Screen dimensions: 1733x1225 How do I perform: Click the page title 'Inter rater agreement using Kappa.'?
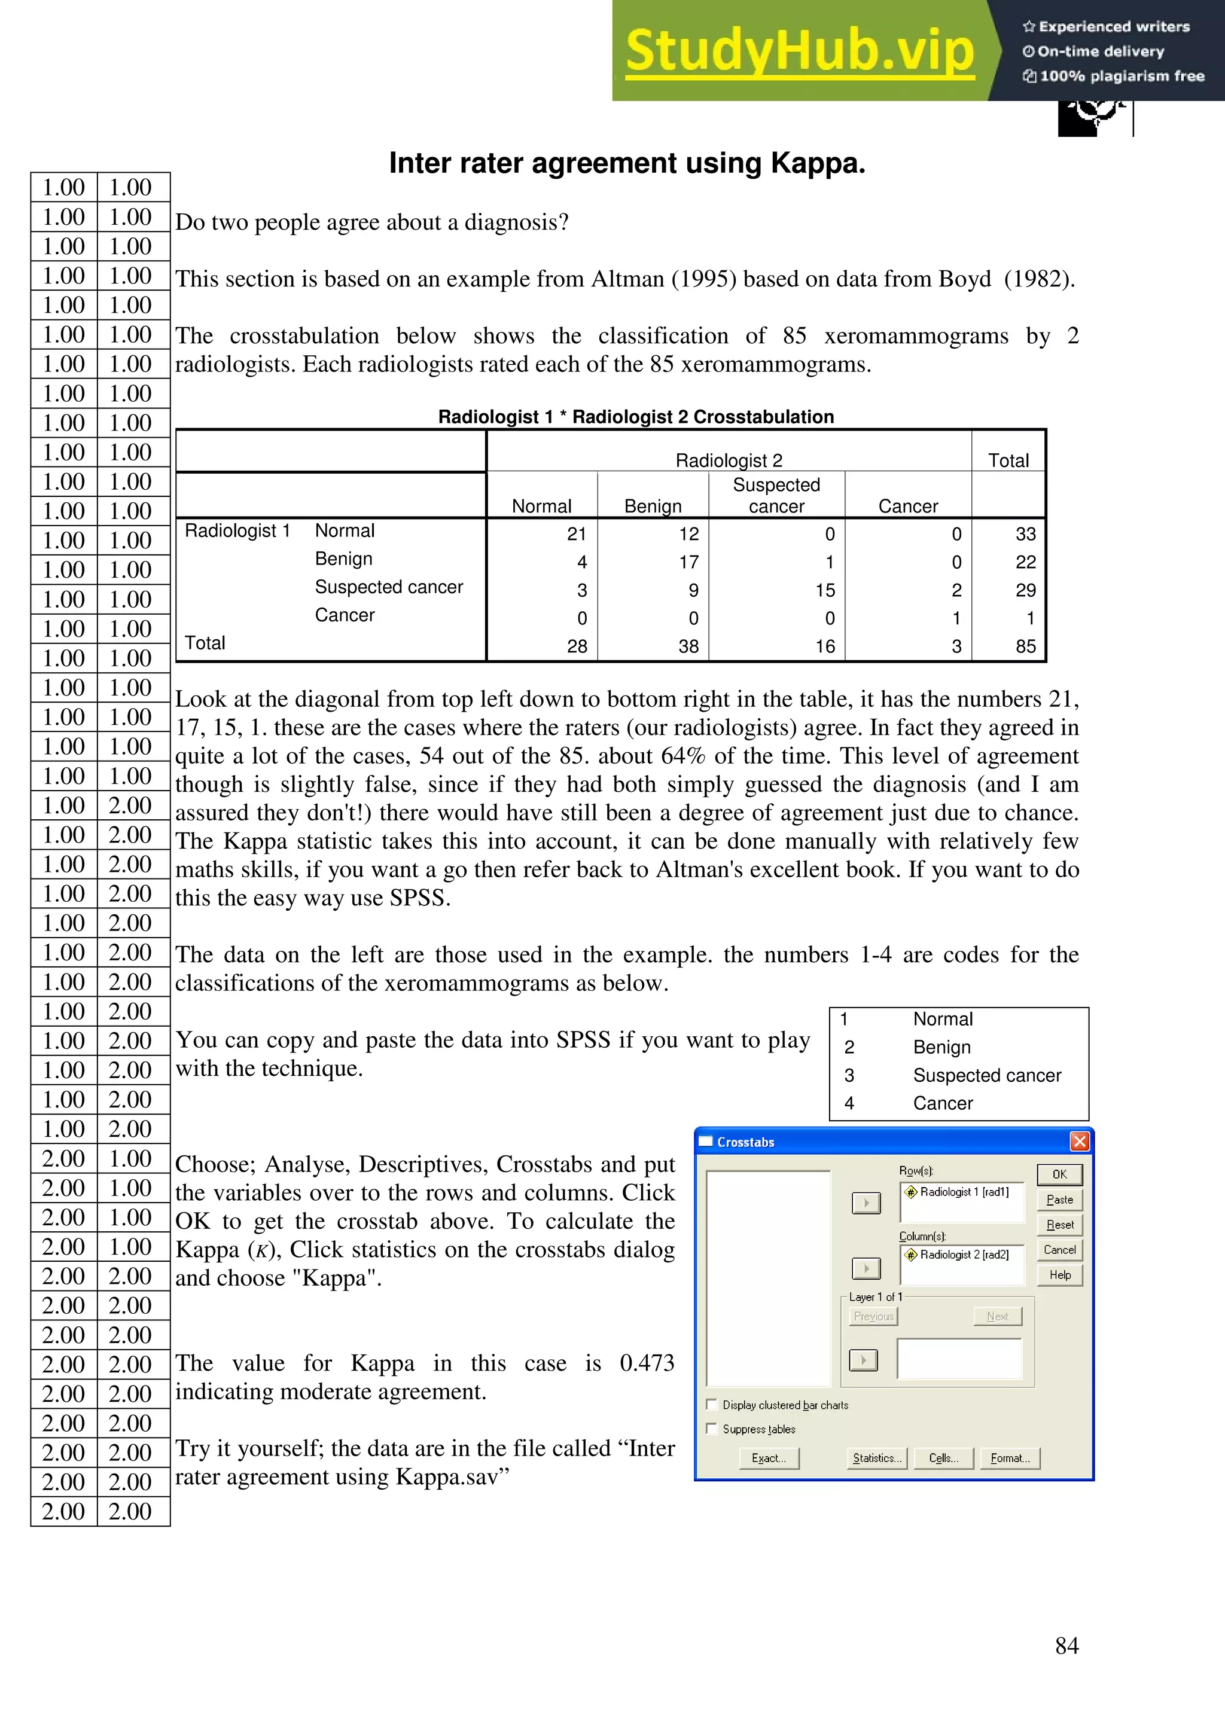626,163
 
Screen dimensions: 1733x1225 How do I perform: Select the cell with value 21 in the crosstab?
577,535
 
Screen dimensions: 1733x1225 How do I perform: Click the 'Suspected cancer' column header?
776,495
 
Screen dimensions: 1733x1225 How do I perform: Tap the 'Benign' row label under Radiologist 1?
343,559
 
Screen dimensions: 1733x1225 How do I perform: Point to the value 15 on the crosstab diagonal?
825,590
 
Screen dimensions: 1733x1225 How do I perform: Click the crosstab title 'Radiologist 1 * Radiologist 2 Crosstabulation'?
635,417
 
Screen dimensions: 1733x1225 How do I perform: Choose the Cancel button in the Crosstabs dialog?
1059,1250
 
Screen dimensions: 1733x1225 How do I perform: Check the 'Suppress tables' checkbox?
712,1428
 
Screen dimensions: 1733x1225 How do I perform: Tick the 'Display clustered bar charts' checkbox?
712,1404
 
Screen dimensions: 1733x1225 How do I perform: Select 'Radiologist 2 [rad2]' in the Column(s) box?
963,1255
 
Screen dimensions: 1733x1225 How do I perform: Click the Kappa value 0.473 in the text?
646,1363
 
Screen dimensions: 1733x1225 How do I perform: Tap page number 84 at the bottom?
1066,1646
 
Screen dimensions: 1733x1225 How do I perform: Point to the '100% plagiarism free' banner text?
1121,75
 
